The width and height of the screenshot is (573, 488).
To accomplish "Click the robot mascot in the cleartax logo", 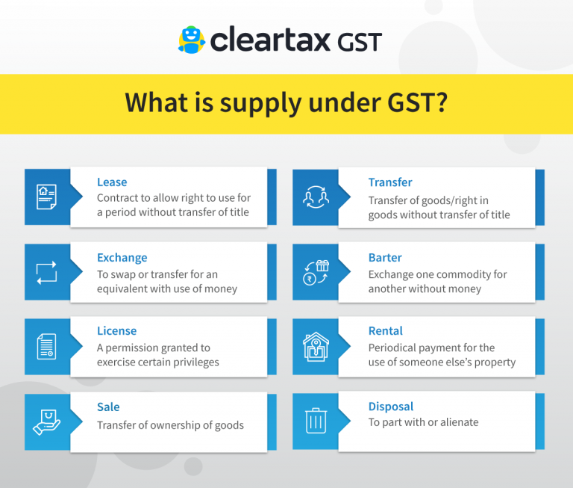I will [x=191, y=40].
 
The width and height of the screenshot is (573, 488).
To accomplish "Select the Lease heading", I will [x=112, y=182].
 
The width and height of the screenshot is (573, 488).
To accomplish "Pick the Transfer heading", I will [x=389, y=182].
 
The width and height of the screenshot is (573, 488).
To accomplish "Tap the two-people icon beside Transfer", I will [x=315, y=197].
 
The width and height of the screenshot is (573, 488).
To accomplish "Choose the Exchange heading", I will [x=122, y=257].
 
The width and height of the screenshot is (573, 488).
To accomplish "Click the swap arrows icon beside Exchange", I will [x=46, y=272].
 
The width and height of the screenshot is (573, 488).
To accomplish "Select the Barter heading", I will [x=385, y=257].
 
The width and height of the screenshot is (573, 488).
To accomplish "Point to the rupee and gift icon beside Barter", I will [x=315, y=272].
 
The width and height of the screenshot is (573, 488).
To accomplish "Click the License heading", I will [x=116, y=330].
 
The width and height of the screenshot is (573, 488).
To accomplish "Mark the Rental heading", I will [x=385, y=330].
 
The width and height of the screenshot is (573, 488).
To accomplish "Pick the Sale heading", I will [x=108, y=407].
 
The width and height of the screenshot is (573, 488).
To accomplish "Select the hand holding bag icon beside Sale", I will [x=46, y=421].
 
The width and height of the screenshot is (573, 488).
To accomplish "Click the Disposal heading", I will [x=390, y=407].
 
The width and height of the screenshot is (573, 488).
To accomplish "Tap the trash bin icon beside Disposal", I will [x=315, y=421].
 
